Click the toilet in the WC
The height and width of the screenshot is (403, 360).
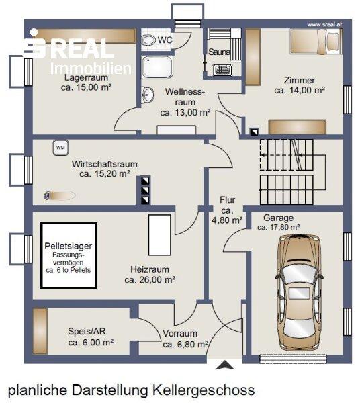tap(149, 40)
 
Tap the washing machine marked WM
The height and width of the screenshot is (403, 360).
tap(60, 148)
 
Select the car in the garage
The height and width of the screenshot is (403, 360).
tap(300, 292)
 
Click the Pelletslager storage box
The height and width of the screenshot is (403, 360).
tap(69, 255)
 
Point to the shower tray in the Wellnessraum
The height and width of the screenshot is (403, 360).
tap(158, 67)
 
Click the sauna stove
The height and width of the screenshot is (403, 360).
tap(222, 70)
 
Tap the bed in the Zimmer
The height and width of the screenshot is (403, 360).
tap(316, 42)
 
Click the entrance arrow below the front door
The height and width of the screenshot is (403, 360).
tap(225, 365)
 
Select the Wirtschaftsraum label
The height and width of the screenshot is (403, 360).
tap(104, 164)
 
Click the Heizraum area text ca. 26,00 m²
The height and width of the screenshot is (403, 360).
tap(150, 280)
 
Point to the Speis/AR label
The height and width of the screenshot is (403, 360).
tap(87, 332)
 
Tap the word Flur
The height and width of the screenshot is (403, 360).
tap(228, 200)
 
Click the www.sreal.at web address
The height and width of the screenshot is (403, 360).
tap(324, 24)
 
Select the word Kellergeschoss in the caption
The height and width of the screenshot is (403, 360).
tap(204, 390)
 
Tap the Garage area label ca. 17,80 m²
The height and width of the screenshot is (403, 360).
tap(278, 227)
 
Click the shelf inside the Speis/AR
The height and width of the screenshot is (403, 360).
tap(40, 331)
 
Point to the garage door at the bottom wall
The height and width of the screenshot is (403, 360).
tap(294, 359)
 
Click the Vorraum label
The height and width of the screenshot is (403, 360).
tap(180, 333)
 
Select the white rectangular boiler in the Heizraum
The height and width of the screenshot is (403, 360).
tap(160, 235)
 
